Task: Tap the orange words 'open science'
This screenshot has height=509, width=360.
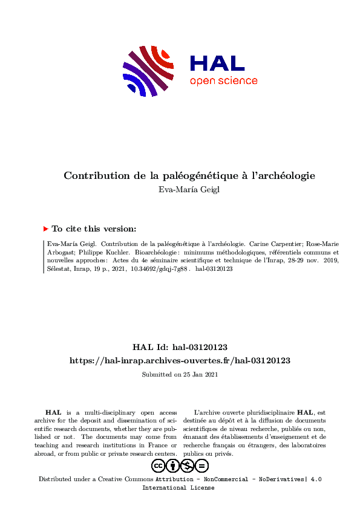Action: point(223,81)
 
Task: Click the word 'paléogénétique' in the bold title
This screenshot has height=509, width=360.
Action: point(203,176)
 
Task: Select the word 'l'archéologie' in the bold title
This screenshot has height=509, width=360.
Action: point(287,176)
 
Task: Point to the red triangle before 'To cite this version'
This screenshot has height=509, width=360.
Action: point(46,229)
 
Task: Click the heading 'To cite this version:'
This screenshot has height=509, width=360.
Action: point(94,229)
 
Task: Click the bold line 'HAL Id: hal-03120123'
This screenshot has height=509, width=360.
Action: point(180,347)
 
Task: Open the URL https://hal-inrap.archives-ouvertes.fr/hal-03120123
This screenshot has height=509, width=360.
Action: point(180,360)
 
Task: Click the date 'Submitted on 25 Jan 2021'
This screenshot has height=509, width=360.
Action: point(180,375)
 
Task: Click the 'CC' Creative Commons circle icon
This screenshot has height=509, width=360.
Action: point(159,465)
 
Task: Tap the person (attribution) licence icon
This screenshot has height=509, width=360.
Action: point(173,465)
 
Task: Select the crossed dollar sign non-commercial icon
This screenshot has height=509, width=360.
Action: point(188,465)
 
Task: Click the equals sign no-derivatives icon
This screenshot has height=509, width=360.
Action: point(202,465)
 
